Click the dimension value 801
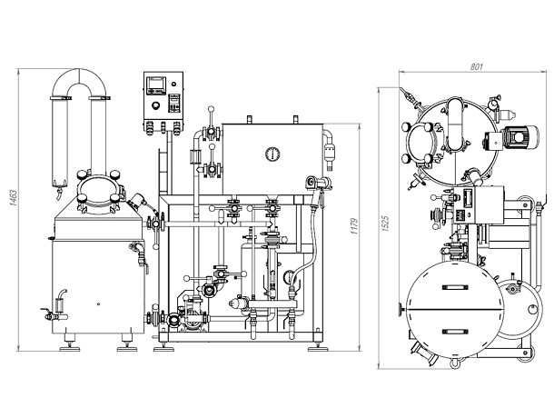[476, 66]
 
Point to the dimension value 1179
[355, 226]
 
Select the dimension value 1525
[385, 224]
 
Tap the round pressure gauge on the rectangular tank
[272, 154]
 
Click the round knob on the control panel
[155, 105]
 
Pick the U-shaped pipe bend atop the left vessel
[79, 84]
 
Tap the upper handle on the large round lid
[455, 287]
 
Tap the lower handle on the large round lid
[455, 332]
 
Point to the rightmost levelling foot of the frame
[318, 348]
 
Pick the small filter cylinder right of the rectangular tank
[330, 151]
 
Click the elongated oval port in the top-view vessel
[455, 124]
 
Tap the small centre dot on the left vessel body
[98, 304]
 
